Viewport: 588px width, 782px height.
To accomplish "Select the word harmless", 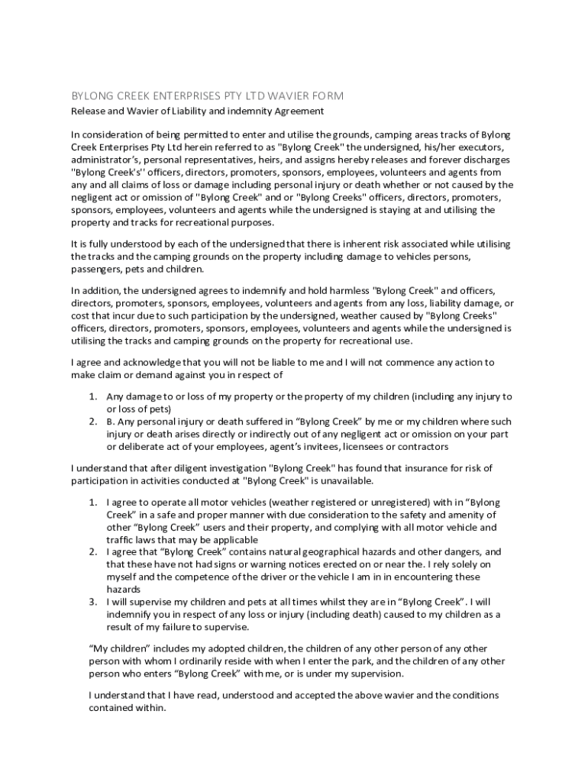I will (x=341, y=291).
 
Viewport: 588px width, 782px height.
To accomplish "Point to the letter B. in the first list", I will (x=110, y=422).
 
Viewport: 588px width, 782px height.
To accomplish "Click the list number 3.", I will (x=92, y=602).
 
